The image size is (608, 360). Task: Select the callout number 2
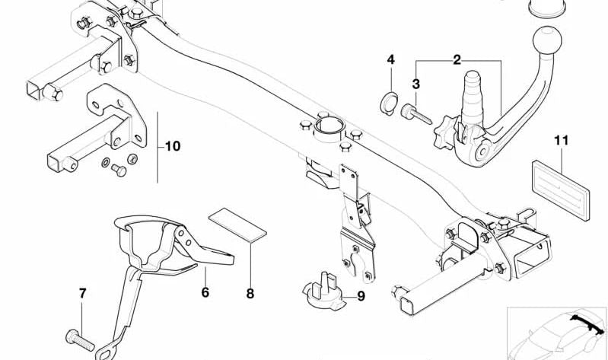click(457, 59)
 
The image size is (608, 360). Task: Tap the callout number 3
click(416, 84)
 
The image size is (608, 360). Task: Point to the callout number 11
click(562, 140)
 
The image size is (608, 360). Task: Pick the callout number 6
click(205, 291)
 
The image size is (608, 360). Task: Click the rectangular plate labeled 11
click(562, 184)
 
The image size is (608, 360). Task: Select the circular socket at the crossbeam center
click(327, 126)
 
